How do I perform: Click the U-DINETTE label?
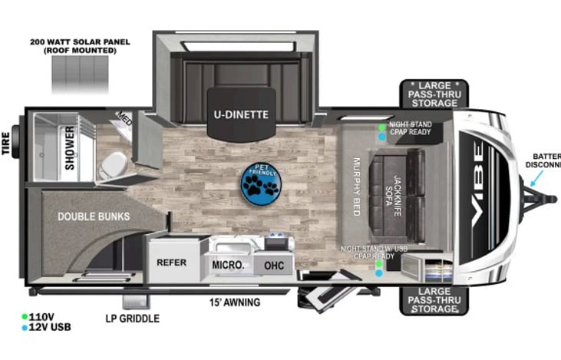(240, 115)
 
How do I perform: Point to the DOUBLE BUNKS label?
(93, 216)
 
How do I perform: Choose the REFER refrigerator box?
(172, 262)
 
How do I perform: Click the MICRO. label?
(228, 265)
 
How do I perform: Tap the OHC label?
(274, 265)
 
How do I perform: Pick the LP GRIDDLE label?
(132, 319)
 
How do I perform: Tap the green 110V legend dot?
(25, 315)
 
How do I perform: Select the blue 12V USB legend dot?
(25, 328)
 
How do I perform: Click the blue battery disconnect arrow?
(534, 179)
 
